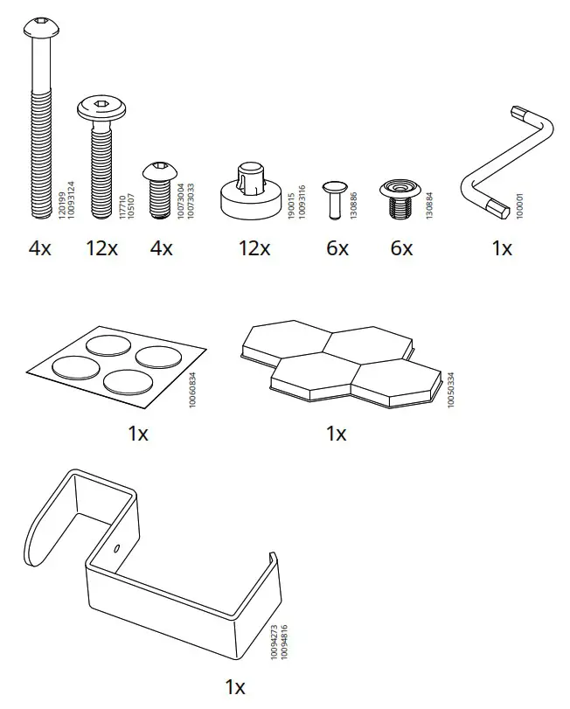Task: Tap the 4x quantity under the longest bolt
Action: click(x=40, y=247)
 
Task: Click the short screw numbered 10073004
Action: click(x=159, y=187)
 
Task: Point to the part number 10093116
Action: click(x=302, y=200)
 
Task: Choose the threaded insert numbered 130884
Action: click(x=400, y=198)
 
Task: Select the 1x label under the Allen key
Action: click(x=501, y=247)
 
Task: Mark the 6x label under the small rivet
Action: click(x=337, y=247)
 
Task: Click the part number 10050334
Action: click(x=451, y=388)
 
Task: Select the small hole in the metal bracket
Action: click(x=117, y=548)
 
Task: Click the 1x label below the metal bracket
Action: click(x=235, y=687)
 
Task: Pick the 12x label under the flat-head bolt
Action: click(x=101, y=247)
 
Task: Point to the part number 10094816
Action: click(x=284, y=642)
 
